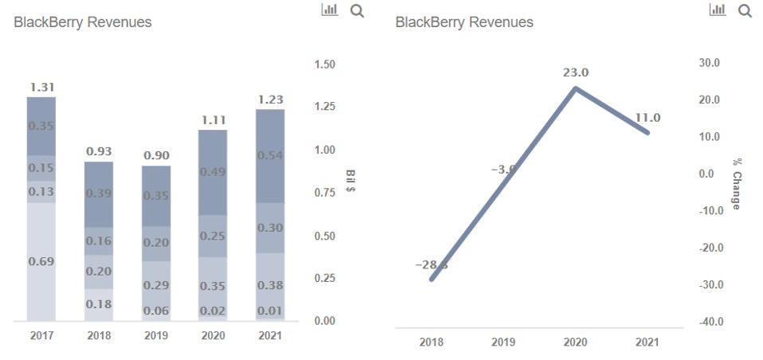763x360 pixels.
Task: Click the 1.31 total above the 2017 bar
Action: (x=41, y=87)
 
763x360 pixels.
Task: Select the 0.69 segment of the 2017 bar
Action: (x=41, y=261)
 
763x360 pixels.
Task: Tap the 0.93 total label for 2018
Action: (x=99, y=151)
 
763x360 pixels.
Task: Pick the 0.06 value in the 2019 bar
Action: (x=156, y=311)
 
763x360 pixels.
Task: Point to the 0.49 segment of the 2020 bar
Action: (x=213, y=172)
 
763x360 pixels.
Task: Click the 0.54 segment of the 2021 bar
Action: (x=270, y=154)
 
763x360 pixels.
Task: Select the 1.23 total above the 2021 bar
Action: (x=270, y=100)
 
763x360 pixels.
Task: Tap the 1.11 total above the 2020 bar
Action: (x=213, y=119)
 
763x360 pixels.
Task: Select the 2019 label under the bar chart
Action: (x=156, y=336)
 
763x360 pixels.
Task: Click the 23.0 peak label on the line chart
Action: (x=576, y=72)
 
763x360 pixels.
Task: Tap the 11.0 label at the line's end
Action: (x=648, y=118)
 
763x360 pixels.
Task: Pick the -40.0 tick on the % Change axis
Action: (x=710, y=322)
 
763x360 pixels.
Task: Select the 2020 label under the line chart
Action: (x=576, y=342)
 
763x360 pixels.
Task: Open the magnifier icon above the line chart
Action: (x=745, y=11)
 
